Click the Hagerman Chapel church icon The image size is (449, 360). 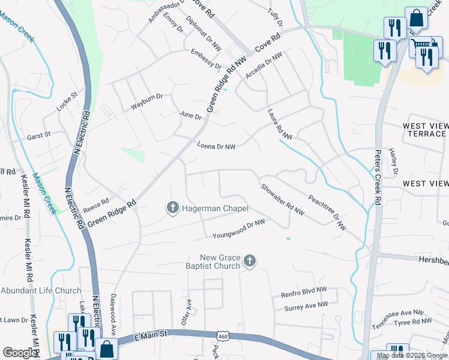click(x=172, y=208)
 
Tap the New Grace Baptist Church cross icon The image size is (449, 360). click(x=250, y=262)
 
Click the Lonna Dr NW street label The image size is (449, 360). click(x=216, y=146)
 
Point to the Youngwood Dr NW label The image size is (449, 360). click(x=238, y=226)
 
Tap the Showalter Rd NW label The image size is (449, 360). click(x=282, y=199)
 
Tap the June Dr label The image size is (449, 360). click(x=190, y=115)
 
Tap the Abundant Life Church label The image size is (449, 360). click(x=41, y=290)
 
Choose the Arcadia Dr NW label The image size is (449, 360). click(x=264, y=66)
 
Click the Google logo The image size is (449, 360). click(x=20, y=353)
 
